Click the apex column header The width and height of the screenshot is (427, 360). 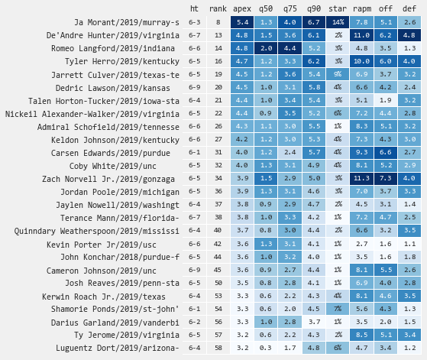[242, 9]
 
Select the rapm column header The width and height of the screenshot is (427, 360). [362, 9]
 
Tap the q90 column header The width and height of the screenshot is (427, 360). [314, 9]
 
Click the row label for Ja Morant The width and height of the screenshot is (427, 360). [127, 22]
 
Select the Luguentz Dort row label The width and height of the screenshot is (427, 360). [118, 348]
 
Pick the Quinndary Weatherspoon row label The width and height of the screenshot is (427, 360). [97, 231]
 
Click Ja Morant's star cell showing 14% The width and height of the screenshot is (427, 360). [338, 22]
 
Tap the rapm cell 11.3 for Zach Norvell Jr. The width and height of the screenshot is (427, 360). [361, 178]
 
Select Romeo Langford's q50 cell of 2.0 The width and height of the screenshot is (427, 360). [266, 48]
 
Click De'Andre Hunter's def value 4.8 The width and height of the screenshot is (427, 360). [409, 35]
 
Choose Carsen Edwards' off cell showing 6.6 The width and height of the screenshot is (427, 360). [386, 152]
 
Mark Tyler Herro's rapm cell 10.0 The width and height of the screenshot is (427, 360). [361, 61]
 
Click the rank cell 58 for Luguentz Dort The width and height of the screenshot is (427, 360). [218, 348]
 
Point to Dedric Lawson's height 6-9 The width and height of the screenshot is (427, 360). [195, 87]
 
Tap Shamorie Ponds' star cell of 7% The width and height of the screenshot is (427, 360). [338, 309]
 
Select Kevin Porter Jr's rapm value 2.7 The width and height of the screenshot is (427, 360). [361, 244]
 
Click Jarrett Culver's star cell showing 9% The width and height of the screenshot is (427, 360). [338, 74]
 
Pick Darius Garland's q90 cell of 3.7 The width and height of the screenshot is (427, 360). [314, 322]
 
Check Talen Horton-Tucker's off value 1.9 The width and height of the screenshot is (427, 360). [386, 100]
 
